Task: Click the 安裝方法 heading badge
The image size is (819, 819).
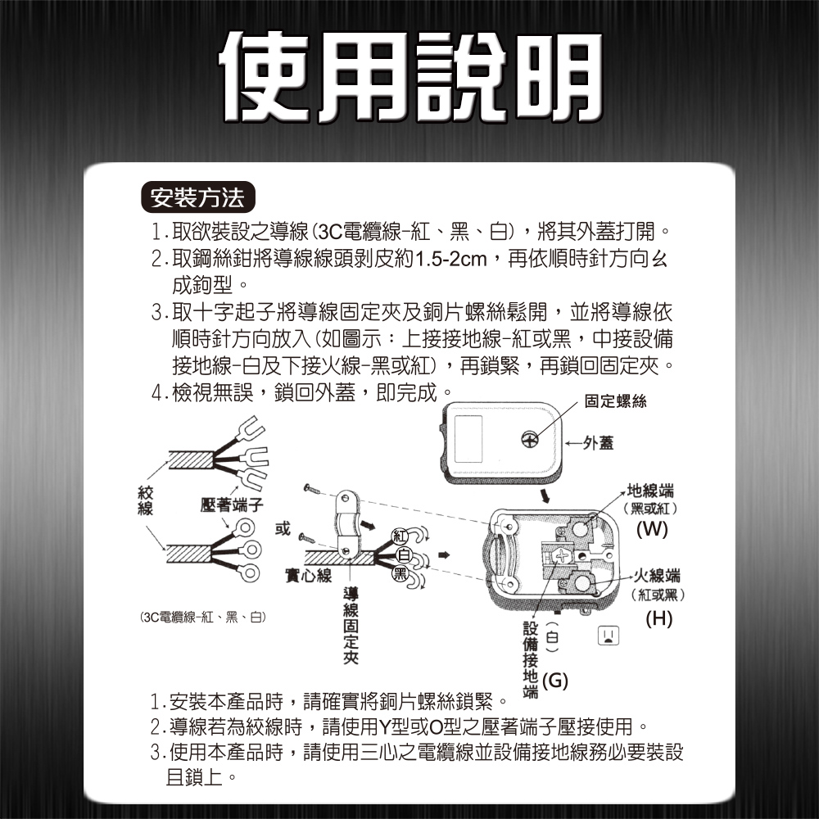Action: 198,197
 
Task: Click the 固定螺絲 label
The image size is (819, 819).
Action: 615,401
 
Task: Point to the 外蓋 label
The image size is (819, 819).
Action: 599,443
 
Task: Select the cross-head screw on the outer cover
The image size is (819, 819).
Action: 530,440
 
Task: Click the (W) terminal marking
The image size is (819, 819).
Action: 652,529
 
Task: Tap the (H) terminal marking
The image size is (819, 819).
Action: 658,618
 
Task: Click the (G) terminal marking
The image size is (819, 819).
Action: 555,681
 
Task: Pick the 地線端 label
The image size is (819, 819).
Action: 650,491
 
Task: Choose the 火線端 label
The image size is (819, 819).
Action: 657,576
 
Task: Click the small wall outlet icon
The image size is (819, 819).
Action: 608,636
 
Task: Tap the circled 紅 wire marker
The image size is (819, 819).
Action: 400,536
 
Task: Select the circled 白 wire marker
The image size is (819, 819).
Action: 404,555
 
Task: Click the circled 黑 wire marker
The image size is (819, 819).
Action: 400,574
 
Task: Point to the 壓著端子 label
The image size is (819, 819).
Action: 232,505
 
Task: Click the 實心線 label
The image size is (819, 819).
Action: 308,575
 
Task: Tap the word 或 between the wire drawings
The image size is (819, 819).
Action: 283,528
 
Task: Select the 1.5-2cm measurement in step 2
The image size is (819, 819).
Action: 450,259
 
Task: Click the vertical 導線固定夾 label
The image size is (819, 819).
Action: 351,625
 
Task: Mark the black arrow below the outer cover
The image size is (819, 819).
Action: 545,495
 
